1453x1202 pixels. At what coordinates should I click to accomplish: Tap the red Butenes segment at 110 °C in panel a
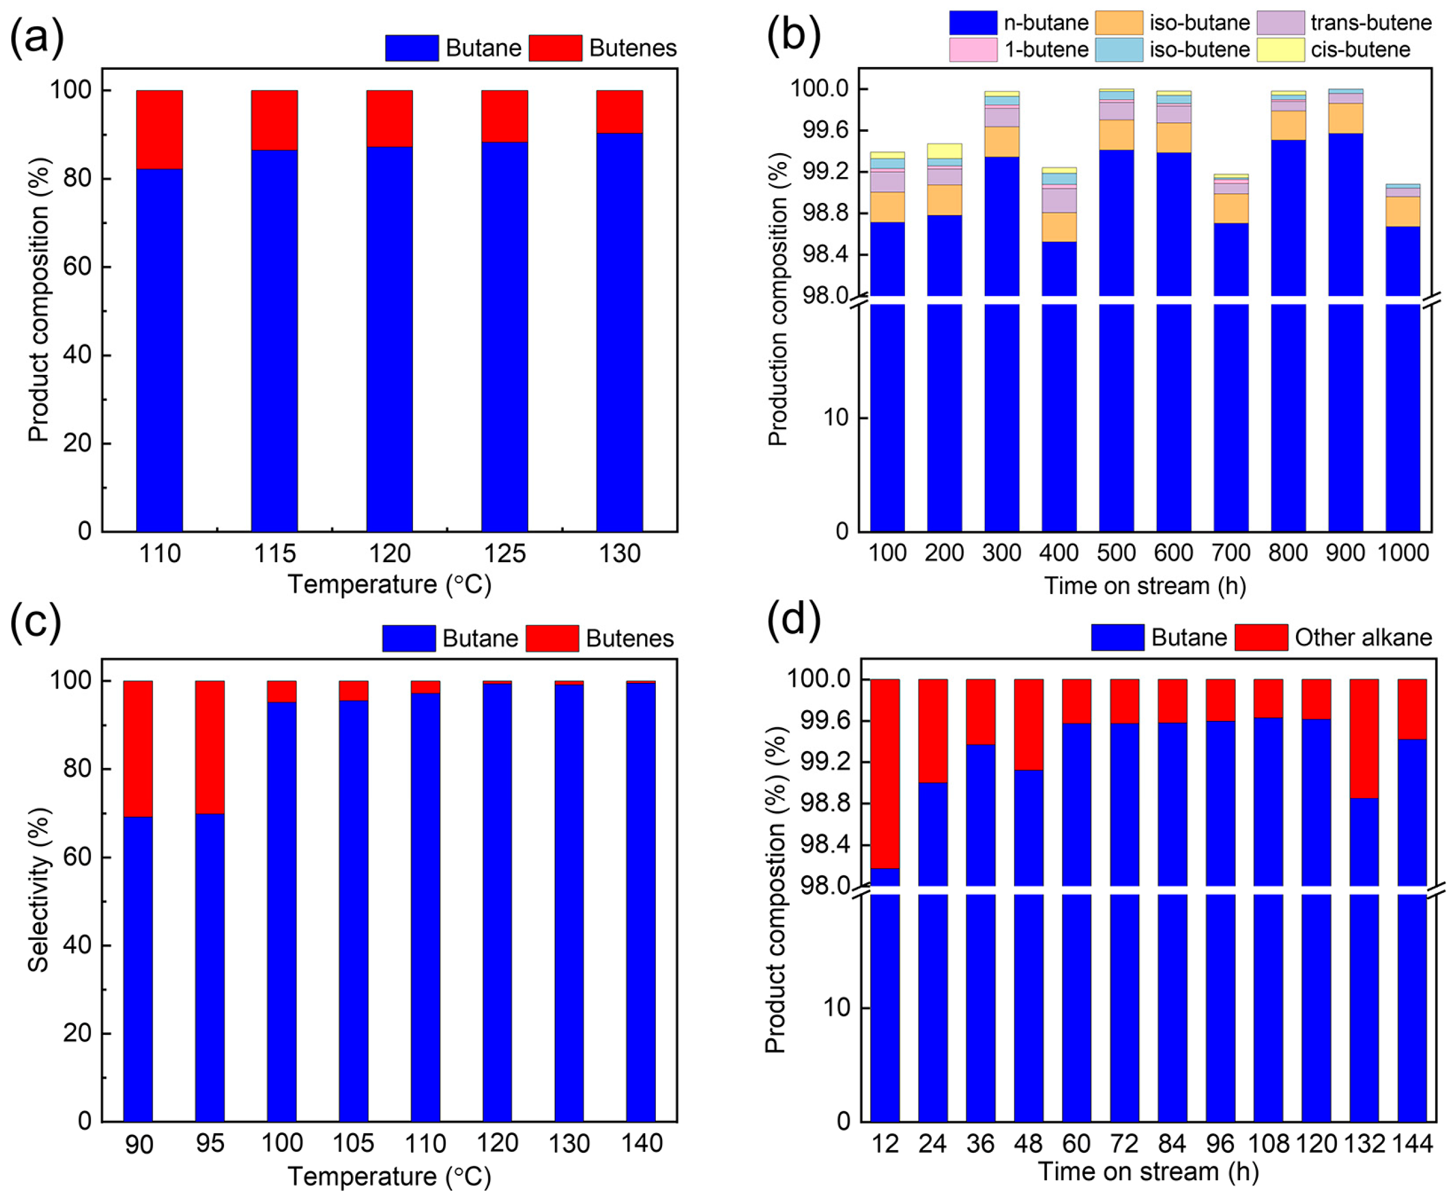coord(159,130)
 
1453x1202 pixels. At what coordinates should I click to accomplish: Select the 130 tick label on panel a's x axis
coord(620,554)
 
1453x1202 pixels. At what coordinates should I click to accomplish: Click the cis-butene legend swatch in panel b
coord(1280,50)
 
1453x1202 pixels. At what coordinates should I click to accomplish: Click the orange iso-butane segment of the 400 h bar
coord(1059,227)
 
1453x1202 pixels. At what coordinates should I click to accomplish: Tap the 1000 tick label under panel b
coord(1403,553)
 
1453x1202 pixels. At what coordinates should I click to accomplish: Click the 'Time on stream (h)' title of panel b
coord(1145,586)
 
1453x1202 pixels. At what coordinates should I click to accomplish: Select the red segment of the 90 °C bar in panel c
coord(137,749)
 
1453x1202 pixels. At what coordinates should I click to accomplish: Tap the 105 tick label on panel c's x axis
coord(353,1143)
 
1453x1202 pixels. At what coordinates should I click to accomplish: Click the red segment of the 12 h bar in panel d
coord(884,773)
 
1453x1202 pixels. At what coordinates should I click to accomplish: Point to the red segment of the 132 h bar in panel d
coord(1364,738)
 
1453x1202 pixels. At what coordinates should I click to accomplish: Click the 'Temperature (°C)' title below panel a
coord(389,585)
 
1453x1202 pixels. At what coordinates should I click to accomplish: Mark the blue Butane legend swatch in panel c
coord(408,638)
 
